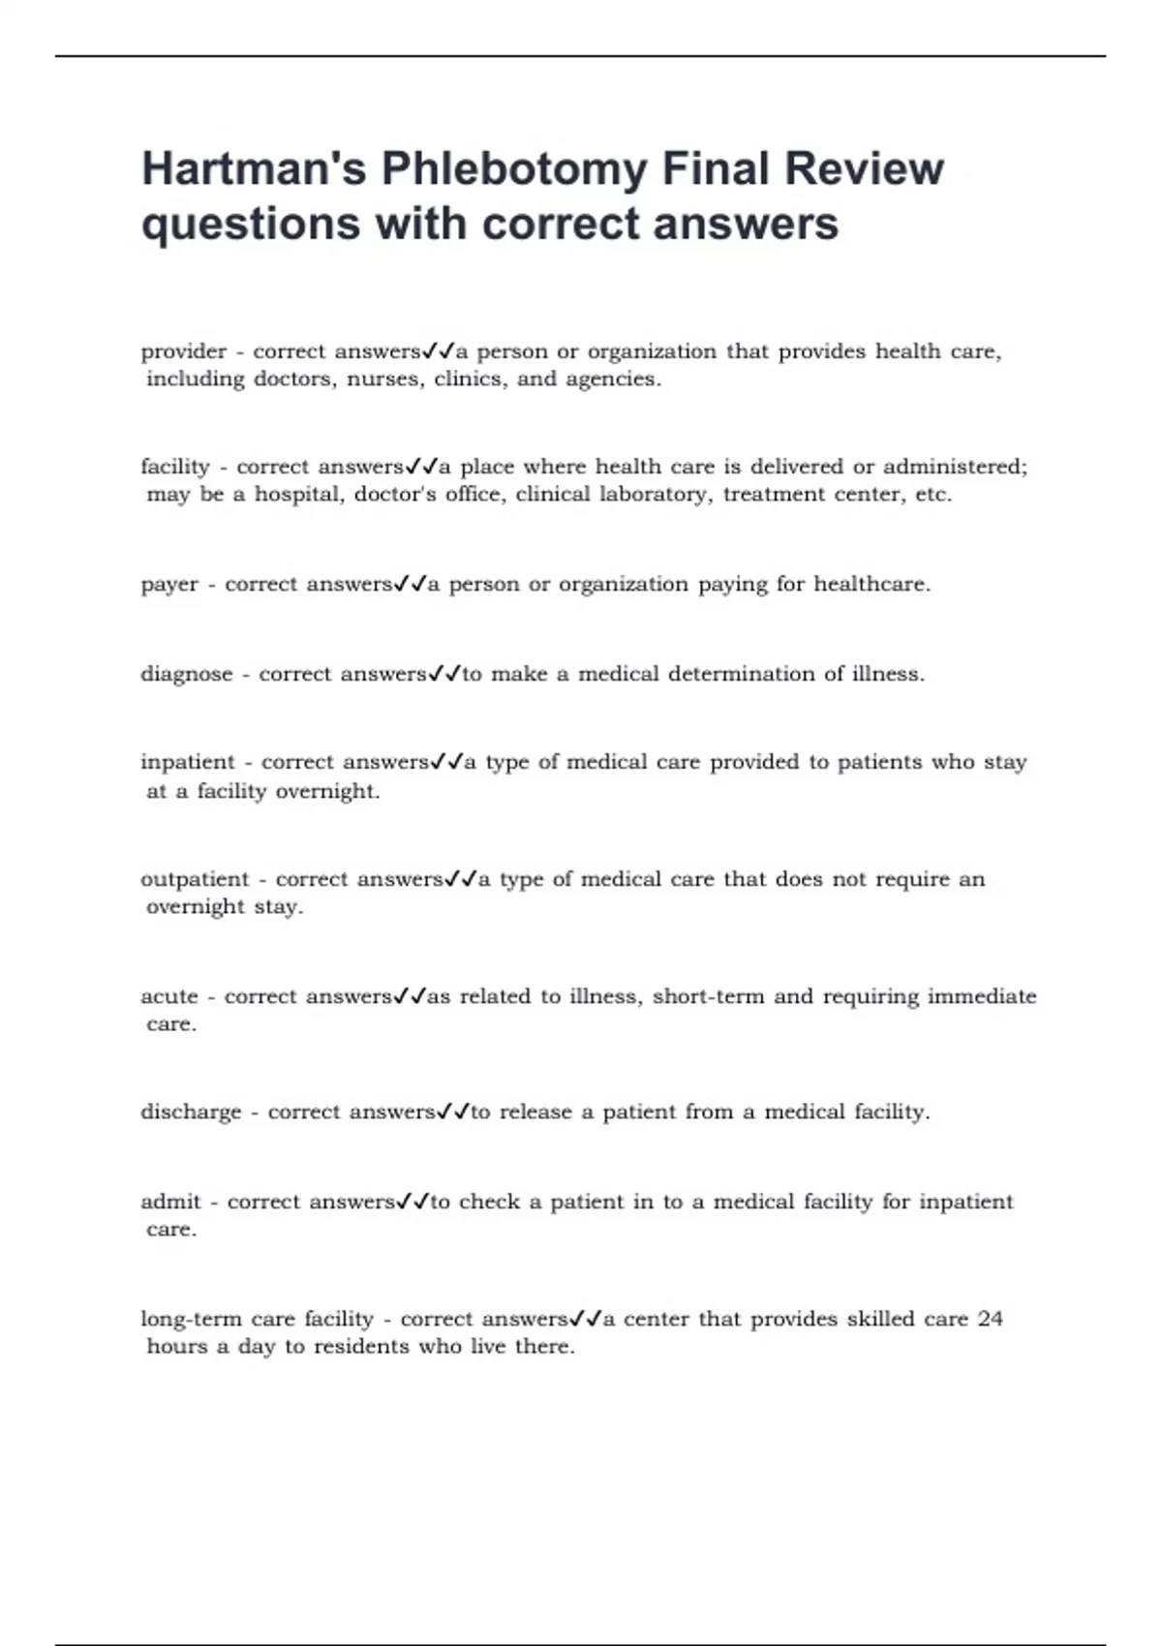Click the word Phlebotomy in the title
coord(513,169)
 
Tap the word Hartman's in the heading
coord(254,169)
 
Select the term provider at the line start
coord(183,351)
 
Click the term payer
coord(169,585)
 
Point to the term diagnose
coord(187,674)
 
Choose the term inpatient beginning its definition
coord(188,762)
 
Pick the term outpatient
coord(195,879)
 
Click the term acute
coord(169,996)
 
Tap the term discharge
coord(191,1113)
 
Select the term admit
coord(170,1202)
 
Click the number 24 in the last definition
coord(990,1319)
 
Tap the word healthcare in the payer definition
coord(871,585)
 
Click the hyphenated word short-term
coord(708,996)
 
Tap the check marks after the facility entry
coord(421,467)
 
